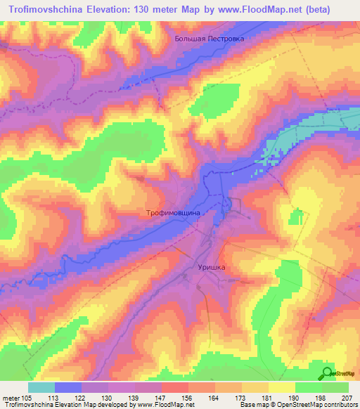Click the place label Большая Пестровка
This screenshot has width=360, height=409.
210,39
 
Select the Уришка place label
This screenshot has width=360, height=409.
209,267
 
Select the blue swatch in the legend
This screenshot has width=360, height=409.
68,387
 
